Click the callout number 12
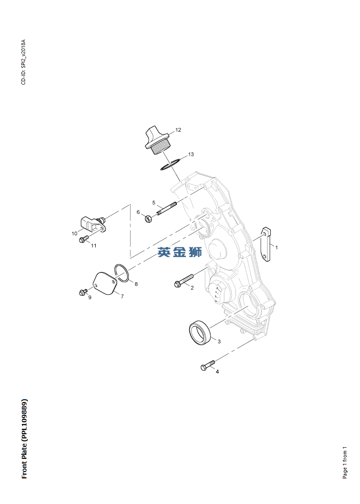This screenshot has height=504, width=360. click(x=178, y=130)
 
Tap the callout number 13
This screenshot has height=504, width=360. click(x=191, y=154)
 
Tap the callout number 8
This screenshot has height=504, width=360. click(x=136, y=284)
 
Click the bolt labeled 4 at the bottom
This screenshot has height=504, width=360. click(x=207, y=366)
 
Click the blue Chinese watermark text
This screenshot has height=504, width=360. click(x=179, y=252)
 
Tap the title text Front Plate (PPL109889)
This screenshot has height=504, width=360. click(x=25, y=438)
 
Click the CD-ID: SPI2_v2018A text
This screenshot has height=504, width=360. click(x=24, y=62)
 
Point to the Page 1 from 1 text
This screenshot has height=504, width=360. click(x=345, y=462)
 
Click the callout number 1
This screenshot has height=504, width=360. click(x=276, y=247)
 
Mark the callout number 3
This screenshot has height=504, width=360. click(x=219, y=342)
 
